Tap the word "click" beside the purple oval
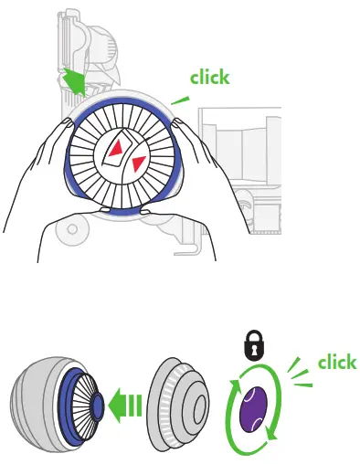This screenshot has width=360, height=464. coord(336,363)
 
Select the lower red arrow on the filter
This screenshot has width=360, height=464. coord(138,164)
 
